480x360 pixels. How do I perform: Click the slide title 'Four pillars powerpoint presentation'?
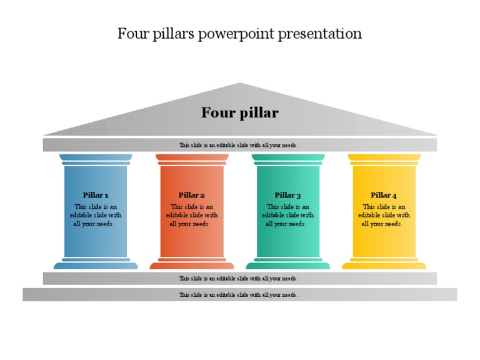point(239,33)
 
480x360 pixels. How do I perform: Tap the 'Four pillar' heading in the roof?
point(239,113)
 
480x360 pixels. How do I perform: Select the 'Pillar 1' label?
point(96,195)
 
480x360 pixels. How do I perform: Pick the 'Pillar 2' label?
point(191,195)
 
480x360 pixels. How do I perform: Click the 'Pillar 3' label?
point(287,195)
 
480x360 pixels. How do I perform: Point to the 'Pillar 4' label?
point(384,195)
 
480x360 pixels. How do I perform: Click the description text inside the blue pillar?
point(96,215)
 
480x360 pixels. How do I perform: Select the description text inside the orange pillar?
point(191,215)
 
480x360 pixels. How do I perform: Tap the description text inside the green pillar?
point(287,215)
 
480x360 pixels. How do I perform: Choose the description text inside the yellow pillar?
point(384,215)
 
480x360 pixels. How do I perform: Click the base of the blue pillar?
point(96,265)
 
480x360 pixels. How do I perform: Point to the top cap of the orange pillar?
point(191,158)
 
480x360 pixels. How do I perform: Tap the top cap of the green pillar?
point(287,158)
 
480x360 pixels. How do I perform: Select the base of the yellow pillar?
point(384,265)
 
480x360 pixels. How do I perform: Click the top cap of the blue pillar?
point(96,158)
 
